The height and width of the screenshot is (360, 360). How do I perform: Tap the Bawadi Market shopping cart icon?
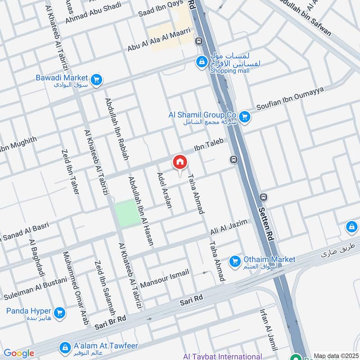(95, 81)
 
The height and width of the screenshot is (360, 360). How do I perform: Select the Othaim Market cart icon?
(234, 261)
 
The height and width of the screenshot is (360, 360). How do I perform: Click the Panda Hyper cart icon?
(59, 312)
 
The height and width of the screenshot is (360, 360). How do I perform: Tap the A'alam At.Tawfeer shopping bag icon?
(65, 346)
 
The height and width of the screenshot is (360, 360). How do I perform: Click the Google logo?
(18, 353)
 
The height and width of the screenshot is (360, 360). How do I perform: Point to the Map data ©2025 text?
(335, 355)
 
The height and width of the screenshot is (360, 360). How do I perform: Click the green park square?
(126, 212)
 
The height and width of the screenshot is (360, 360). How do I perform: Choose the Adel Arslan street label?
(164, 189)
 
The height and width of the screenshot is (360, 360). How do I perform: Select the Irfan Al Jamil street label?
(269, 329)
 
